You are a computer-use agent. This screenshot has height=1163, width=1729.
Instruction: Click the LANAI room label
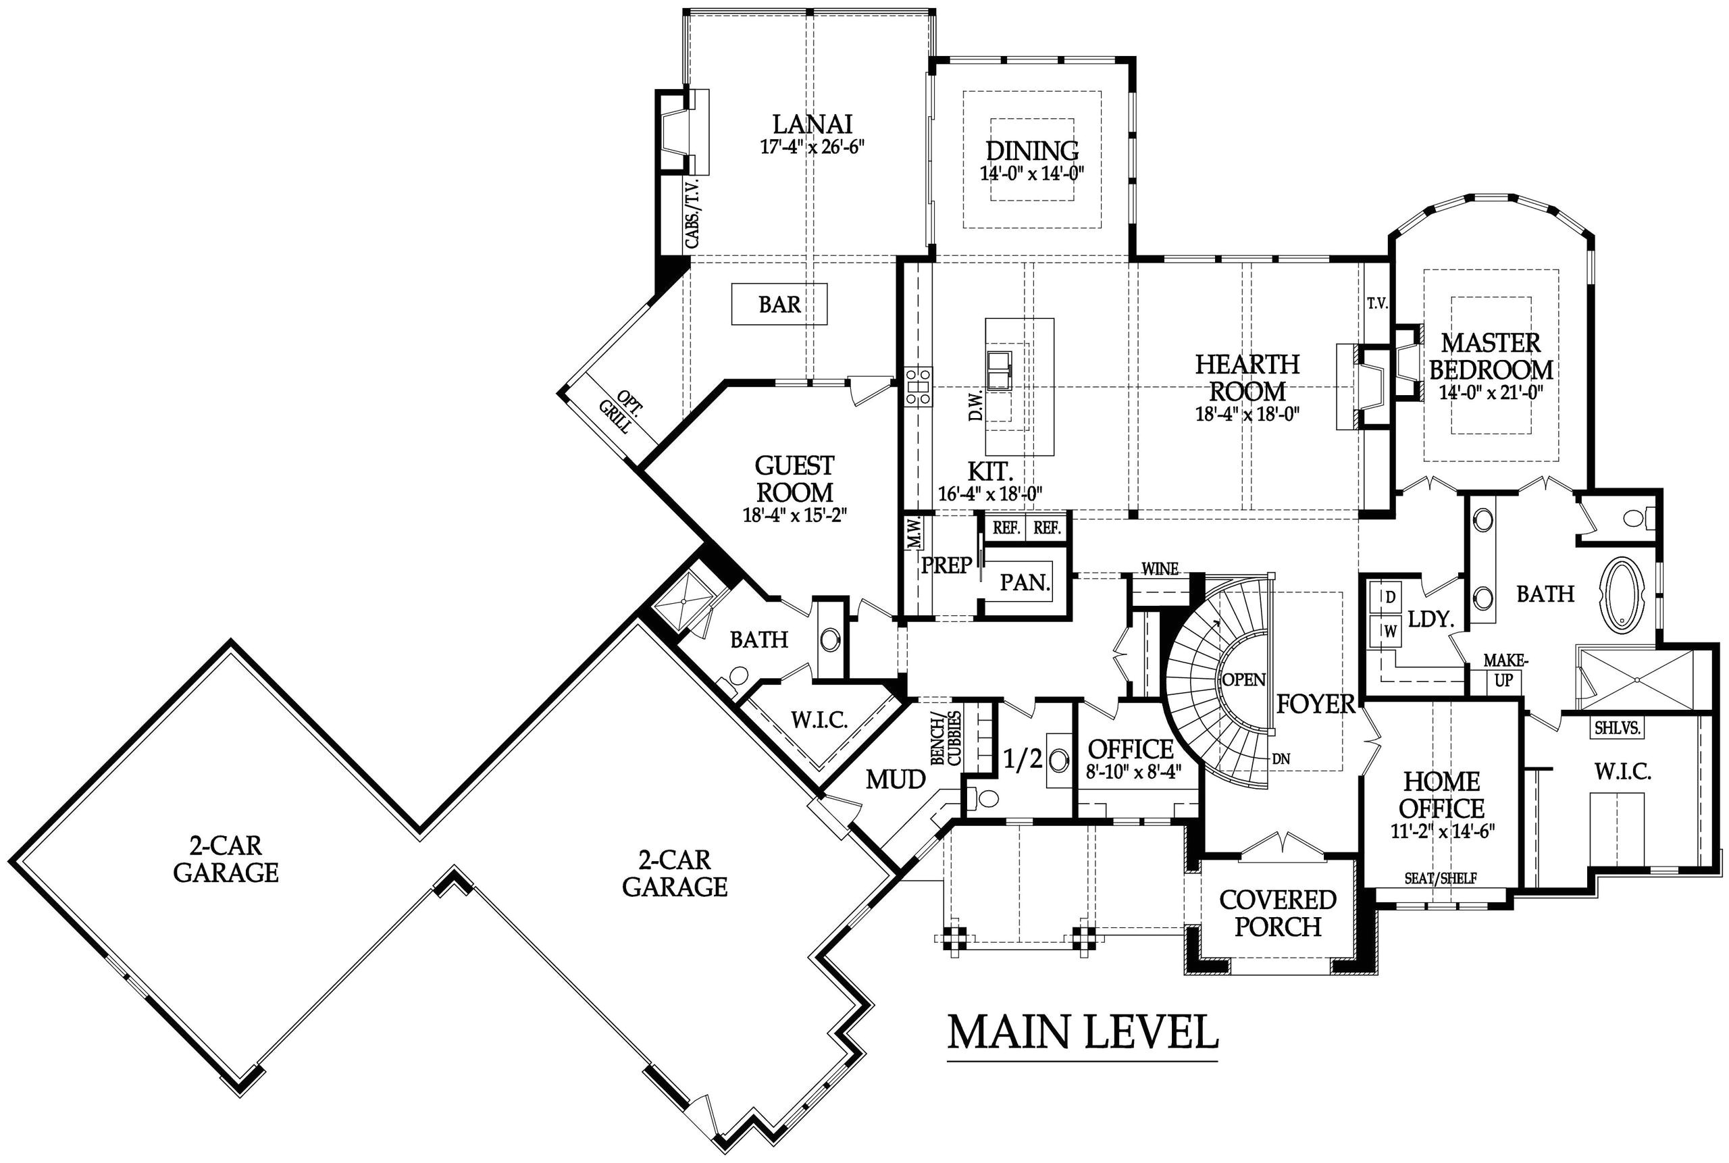pos(812,124)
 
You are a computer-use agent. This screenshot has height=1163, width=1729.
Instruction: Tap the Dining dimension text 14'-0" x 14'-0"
pos(1032,174)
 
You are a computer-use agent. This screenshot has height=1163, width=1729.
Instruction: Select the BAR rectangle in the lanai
pos(779,304)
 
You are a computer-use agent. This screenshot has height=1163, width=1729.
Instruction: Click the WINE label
pos(1160,569)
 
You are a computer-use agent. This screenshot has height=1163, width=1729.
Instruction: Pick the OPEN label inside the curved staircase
pos(1244,679)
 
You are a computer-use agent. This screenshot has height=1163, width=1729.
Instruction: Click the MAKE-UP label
pos(1505,670)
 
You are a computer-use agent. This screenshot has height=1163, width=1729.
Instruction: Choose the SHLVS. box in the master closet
pos(1618,728)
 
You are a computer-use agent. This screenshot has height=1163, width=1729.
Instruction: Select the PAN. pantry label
pos(1025,582)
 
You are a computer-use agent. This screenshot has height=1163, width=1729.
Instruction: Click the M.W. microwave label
pos(914,533)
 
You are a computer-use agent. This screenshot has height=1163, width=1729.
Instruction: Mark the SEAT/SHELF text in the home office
pos(1441,878)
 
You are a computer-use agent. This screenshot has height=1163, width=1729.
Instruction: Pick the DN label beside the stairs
pos(1281,758)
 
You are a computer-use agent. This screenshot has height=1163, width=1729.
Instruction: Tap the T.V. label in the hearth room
pos(1377,303)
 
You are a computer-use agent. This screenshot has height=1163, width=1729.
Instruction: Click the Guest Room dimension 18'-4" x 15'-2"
pos(794,515)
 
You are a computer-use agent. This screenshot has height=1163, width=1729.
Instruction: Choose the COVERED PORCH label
pos(1277,913)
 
